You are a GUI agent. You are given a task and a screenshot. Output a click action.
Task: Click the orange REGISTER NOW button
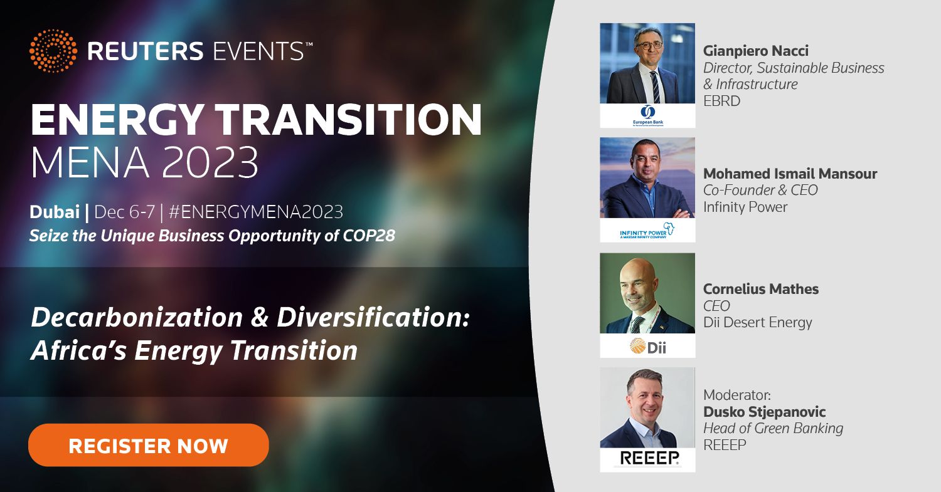tap(148, 445)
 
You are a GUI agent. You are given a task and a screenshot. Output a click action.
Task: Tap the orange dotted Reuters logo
tap(53, 51)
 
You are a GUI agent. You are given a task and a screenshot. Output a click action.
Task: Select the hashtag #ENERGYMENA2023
tap(256, 212)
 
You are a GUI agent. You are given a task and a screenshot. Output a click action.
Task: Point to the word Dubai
tap(55, 212)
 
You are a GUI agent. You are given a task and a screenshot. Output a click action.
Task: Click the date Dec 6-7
tap(124, 212)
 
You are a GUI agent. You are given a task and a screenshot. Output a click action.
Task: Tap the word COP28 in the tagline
tap(369, 236)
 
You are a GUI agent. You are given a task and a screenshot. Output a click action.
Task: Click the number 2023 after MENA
tap(210, 162)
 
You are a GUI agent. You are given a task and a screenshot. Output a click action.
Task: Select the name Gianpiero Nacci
tap(756, 51)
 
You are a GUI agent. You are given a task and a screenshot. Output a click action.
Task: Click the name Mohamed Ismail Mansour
tap(790, 174)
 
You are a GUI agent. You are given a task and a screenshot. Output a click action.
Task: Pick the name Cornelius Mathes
tap(761, 289)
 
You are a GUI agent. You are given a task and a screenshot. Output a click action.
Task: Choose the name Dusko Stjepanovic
tap(765, 412)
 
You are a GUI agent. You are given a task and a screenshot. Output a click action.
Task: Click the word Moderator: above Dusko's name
tap(737, 395)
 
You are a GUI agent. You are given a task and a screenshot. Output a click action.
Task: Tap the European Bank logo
tap(648, 115)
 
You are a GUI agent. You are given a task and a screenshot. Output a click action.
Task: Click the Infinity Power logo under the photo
tap(647, 231)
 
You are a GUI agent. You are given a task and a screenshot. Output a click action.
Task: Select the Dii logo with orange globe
tap(648, 347)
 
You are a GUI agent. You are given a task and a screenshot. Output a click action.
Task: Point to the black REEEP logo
tap(649, 458)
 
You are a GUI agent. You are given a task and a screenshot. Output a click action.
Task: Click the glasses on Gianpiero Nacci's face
tap(649, 45)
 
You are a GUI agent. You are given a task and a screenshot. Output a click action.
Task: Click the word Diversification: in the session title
tap(373, 317)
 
